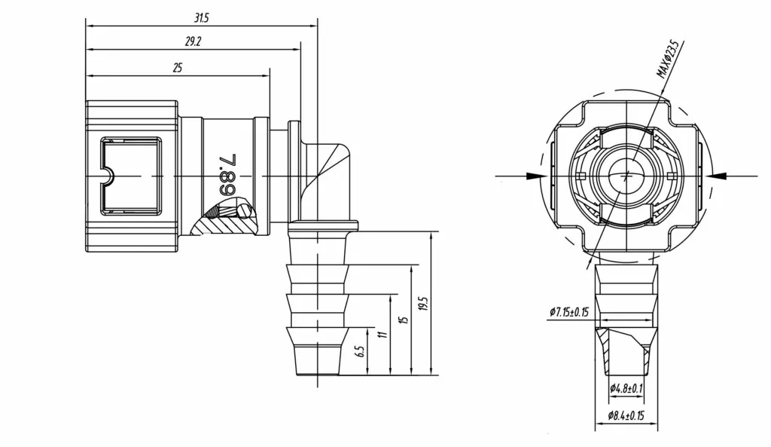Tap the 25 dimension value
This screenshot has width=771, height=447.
click(178, 68)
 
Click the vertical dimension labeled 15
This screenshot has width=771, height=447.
click(404, 320)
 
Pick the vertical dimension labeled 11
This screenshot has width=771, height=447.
click(382, 333)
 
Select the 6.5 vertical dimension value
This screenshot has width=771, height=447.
click(359, 351)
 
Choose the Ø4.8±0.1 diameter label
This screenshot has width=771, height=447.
click(626, 388)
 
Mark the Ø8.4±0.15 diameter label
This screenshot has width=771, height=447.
click(626, 416)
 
